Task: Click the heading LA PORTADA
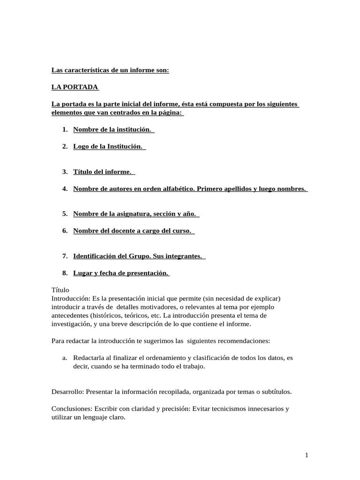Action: [75, 87]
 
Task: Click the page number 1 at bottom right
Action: [306, 455]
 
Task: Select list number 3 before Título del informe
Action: [65, 172]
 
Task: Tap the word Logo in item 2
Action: [80, 146]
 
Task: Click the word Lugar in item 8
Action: [82, 273]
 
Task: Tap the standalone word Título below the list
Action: [60, 290]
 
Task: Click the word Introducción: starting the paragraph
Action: [71, 299]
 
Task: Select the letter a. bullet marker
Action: [65, 358]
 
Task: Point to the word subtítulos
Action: [275, 391]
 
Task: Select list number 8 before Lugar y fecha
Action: [65, 273]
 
